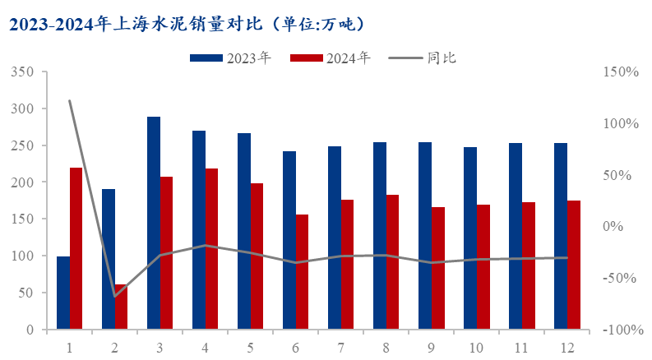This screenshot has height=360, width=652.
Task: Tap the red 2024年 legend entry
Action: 330,58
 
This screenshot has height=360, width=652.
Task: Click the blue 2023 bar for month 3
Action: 154,223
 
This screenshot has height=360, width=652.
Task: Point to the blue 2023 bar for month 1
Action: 63,293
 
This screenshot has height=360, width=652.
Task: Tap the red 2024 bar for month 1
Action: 76,248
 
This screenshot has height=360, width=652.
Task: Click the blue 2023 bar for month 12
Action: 561,236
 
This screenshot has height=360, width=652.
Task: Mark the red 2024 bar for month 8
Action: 392,262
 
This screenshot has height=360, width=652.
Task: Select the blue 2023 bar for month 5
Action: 244,231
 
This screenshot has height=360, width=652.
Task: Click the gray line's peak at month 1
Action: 69,101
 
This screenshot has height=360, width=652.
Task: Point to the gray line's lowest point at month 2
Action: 114,296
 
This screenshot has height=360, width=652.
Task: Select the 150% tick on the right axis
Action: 621,72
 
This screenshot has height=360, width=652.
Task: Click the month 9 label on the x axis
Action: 431,347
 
